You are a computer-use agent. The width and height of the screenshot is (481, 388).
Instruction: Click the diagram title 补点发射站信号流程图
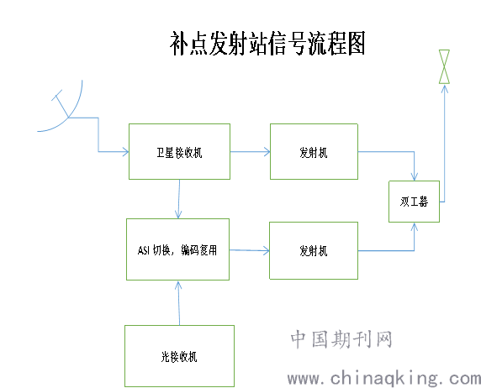click(x=267, y=43)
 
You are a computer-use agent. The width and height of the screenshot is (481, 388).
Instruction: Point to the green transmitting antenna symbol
click(x=444, y=66)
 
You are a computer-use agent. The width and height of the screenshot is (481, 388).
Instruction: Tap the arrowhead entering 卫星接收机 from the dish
click(x=126, y=151)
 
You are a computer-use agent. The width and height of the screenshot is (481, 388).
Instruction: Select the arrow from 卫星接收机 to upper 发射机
click(x=250, y=151)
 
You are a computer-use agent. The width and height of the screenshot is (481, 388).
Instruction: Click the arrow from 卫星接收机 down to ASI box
click(x=179, y=199)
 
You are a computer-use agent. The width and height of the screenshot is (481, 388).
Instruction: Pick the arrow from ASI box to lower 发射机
click(x=250, y=250)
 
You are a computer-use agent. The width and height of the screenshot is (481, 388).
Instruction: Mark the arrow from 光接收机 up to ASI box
click(x=179, y=303)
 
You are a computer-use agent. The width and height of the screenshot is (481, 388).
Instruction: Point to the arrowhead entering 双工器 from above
click(x=415, y=177)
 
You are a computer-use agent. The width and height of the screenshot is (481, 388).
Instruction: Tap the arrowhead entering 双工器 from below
click(x=415, y=226)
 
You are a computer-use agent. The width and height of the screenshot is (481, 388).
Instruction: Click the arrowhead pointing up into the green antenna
click(x=445, y=88)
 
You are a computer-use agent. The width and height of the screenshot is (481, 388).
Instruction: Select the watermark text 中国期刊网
click(x=341, y=339)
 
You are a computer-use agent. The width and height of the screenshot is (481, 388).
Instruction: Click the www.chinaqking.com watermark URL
click(x=384, y=378)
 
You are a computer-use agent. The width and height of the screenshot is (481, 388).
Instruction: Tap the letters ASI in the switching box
click(x=144, y=250)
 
